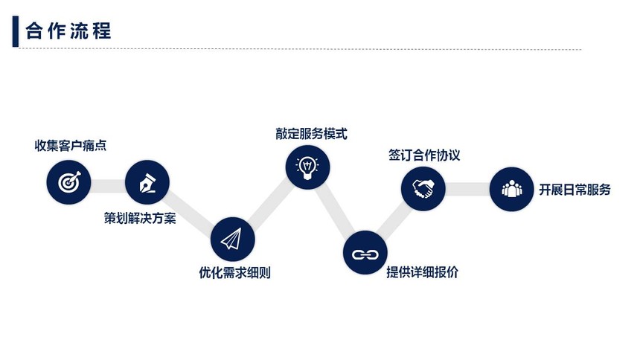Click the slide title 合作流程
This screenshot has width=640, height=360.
click(68, 31)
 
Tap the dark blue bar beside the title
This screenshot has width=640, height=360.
click(16, 31)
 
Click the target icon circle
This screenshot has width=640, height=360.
click(68, 182)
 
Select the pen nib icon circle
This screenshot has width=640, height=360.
click(147, 182)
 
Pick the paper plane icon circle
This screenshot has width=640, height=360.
click(233, 240)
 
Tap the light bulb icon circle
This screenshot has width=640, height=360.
click(307, 167)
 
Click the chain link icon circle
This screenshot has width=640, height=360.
click(365, 253)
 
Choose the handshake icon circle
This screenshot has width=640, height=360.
click(423, 189)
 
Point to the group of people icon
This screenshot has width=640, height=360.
click(511, 189)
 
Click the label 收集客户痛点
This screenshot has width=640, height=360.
click(70, 145)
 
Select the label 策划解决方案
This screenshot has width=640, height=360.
click(140, 219)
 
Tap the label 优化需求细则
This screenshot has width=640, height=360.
click(234, 272)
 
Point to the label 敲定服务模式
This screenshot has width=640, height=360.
click(311, 133)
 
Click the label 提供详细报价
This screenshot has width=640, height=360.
click(422, 271)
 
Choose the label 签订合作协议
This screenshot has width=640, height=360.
click(424, 155)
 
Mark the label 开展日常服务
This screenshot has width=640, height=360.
click(575, 190)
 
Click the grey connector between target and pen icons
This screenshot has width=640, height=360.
click(108, 186)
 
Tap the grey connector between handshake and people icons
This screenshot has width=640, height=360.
click(467, 189)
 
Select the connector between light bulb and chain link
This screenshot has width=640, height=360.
click(336, 210)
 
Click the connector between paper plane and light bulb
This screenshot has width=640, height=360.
click(270, 203)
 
